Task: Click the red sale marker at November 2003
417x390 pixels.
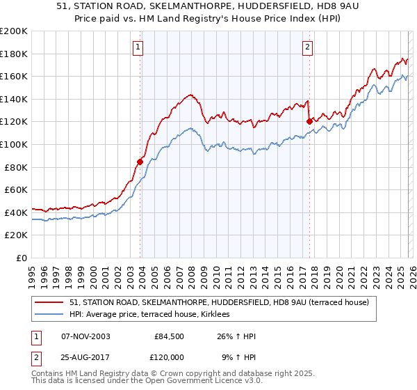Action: click(x=140, y=162)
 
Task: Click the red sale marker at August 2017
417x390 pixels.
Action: click(x=309, y=121)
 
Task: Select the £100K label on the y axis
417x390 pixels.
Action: click(x=14, y=144)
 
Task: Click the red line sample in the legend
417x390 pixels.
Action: click(x=49, y=302)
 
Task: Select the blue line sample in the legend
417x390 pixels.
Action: click(x=49, y=315)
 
